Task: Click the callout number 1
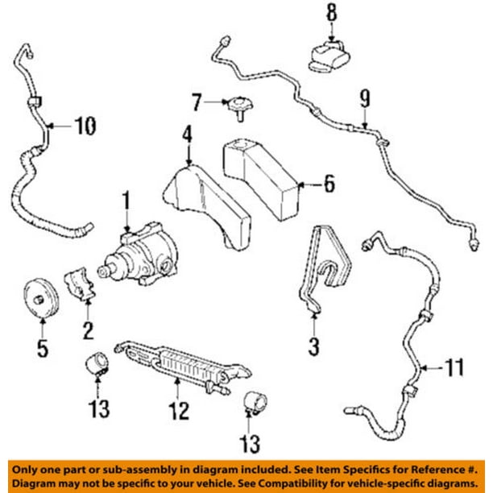(125, 198)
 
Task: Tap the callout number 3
(314, 346)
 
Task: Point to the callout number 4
(187, 135)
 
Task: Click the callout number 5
(42, 348)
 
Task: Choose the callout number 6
(328, 184)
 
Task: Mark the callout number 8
(330, 13)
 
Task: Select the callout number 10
(84, 125)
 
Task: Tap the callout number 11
(455, 368)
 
